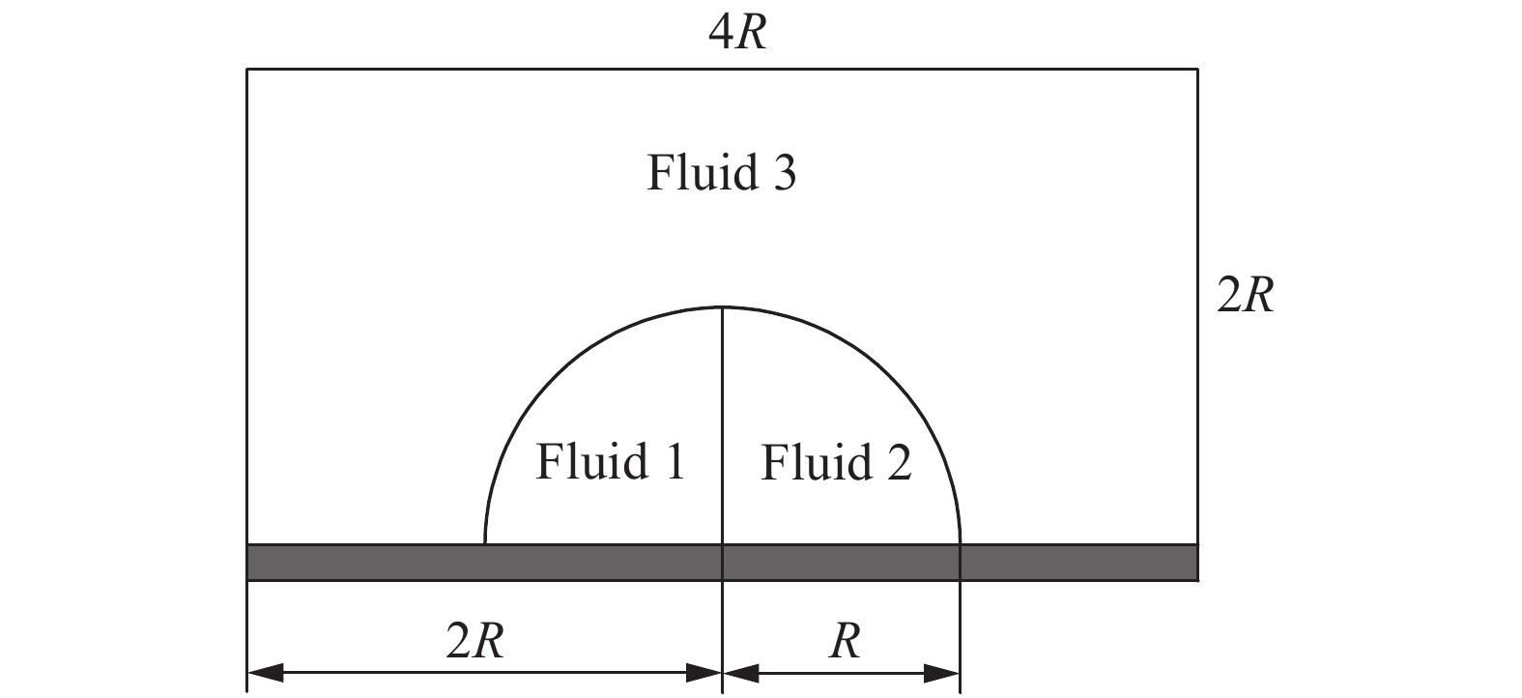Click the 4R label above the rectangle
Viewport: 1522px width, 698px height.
pos(737,35)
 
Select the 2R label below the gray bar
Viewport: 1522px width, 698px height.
pos(474,640)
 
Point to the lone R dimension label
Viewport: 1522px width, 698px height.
pos(845,640)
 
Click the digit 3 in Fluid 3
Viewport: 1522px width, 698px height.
pos(781,174)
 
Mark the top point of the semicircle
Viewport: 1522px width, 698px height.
pos(723,307)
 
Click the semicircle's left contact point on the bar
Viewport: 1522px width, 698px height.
pos(485,544)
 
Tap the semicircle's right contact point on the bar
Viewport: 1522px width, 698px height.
pos(960,544)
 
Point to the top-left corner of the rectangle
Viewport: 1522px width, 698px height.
pos(247,70)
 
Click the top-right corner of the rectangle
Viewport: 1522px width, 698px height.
pos(1198,70)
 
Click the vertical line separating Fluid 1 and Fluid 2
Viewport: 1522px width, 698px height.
pos(723,425)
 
